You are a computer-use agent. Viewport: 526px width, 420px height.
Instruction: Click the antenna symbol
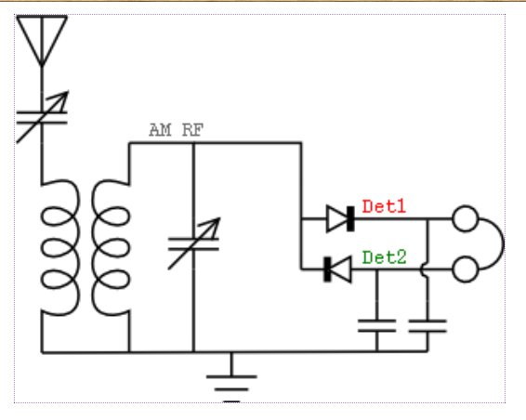pyautogui.click(x=42, y=40)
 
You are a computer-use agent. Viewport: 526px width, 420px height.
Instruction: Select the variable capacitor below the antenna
pyautogui.click(x=42, y=117)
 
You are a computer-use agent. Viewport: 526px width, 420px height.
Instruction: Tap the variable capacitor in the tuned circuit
pyautogui.click(x=194, y=243)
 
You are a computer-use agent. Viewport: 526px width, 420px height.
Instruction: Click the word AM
pyautogui.click(x=160, y=130)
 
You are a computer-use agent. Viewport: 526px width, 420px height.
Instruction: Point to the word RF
pyautogui.click(x=193, y=130)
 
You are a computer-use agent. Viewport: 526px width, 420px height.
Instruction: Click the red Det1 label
pyautogui.click(x=384, y=206)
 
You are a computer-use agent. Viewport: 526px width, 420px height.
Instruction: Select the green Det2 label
pyautogui.click(x=384, y=257)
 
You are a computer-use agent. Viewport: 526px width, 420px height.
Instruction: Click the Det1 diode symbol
pyautogui.click(x=340, y=218)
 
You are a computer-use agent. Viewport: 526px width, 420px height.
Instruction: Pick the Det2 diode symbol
pyautogui.click(x=337, y=269)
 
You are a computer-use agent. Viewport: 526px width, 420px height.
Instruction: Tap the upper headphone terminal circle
pyautogui.click(x=466, y=218)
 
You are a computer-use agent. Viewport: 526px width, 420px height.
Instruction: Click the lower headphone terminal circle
pyautogui.click(x=466, y=269)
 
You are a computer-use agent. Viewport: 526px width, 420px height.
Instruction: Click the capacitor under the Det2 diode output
pyautogui.click(x=377, y=326)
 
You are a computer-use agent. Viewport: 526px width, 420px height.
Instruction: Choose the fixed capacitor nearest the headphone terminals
pyautogui.click(x=427, y=326)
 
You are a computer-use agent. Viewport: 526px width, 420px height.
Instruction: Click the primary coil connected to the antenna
pyautogui.click(x=60, y=248)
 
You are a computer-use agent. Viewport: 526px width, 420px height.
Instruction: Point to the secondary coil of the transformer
pyautogui.click(x=111, y=248)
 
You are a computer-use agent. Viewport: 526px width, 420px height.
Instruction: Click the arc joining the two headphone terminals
pyautogui.click(x=503, y=243)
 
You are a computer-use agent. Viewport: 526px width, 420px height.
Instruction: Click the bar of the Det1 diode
pyautogui.click(x=350, y=218)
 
